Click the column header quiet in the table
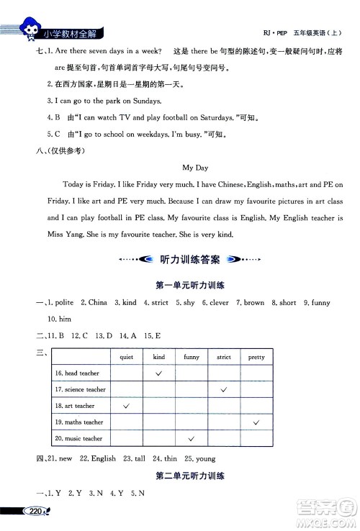click(127, 357)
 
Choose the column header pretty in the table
click(256, 357)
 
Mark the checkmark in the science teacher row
click(224, 389)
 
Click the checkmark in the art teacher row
click(127, 406)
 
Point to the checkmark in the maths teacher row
click(256, 422)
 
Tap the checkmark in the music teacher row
click(192, 438)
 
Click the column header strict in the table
click(224, 357)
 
